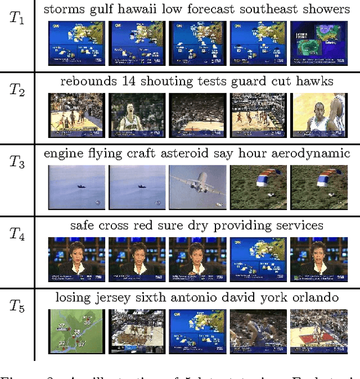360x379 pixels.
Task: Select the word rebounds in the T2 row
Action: pyautogui.click(x=86, y=81)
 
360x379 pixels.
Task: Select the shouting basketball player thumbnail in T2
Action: pyautogui.click(x=137, y=115)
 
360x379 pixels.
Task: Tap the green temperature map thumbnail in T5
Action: pyautogui.click(x=76, y=331)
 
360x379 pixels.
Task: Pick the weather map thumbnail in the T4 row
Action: pyautogui.click(x=258, y=259)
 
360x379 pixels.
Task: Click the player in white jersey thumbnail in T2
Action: pyautogui.click(x=319, y=115)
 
